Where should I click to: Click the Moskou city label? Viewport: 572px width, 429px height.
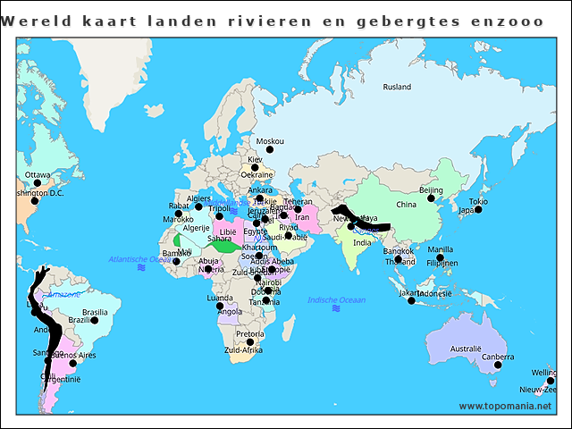(x=269, y=141)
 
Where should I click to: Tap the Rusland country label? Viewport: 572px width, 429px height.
(x=397, y=87)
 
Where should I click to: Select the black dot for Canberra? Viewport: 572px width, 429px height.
(x=498, y=365)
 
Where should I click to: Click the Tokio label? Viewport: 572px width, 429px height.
(x=478, y=201)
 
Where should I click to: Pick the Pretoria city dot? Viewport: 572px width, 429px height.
(x=250, y=342)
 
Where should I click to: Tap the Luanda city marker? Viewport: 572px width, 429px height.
(x=220, y=307)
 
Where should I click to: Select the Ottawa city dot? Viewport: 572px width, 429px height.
(x=37, y=183)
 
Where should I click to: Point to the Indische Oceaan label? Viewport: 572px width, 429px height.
(x=336, y=299)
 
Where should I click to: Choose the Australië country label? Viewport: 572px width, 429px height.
(x=466, y=347)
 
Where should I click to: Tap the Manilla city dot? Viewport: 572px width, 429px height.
(x=440, y=257)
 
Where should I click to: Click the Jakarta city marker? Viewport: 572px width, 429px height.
(x=412, y=300)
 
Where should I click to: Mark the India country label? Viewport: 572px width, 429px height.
(x=362, y=242)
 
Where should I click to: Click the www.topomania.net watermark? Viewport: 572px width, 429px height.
(x=506, y=406)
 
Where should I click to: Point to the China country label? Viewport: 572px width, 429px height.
(x=407, y=205)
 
